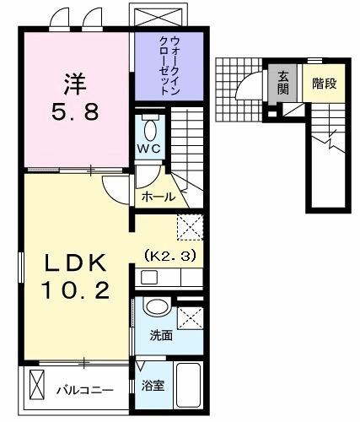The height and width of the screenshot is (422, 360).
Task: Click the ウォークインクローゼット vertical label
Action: (169, 64)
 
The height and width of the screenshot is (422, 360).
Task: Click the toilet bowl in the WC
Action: (151, 131)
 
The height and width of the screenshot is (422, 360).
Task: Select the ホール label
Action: (159, 197)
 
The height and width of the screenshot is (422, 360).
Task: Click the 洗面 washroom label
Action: (162, 335)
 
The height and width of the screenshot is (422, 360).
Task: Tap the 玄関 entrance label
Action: (283, 83)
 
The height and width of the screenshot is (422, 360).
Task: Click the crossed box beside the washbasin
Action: (191, 317)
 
